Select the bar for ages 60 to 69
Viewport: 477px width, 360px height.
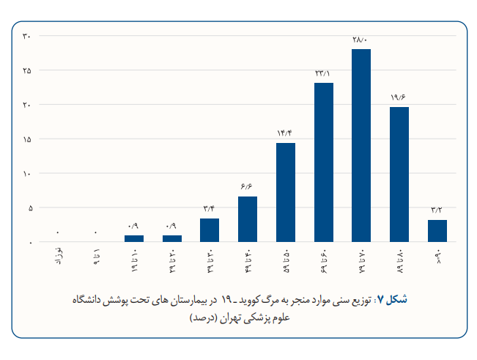point(323,162)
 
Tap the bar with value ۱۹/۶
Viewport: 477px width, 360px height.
point(399,175)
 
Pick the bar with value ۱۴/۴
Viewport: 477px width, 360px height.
point(286,192)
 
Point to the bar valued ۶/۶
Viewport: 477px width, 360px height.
point(248,219)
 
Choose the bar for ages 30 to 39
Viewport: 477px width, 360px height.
point(210,230)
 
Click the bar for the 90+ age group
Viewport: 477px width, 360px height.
point(437,231)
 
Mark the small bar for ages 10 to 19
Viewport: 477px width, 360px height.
point(134,238)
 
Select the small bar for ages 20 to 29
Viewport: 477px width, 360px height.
point(172,238)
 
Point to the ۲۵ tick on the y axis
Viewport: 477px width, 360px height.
point(26,70)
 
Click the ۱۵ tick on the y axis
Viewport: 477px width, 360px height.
point(26,139)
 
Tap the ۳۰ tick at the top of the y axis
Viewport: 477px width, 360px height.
point(26,36)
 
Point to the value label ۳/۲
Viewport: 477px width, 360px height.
point(437,210)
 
